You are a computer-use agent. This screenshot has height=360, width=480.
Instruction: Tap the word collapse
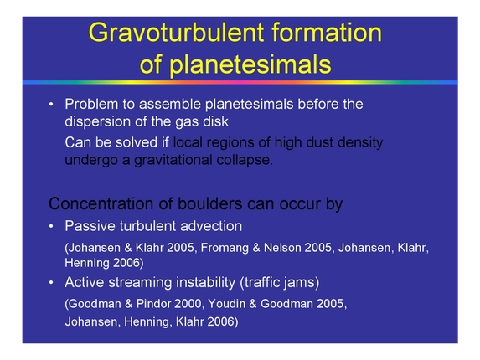click(x=248, y=159)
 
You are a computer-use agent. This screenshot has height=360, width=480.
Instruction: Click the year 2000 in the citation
click(x=193, y=303)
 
